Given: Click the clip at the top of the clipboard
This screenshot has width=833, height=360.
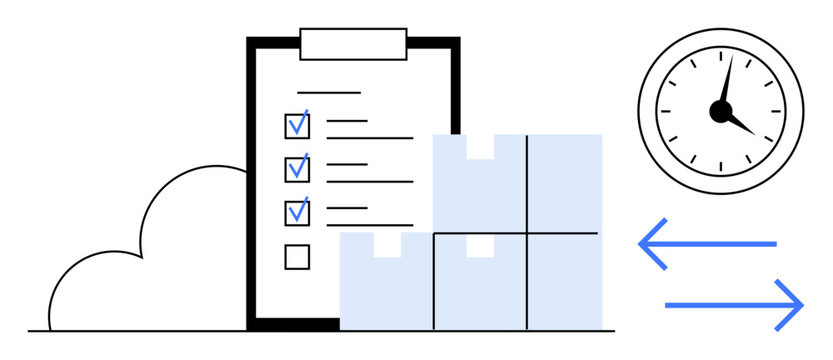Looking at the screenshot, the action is [x=353, y=44].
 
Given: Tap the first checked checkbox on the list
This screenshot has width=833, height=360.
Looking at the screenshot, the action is [x=297, y=125].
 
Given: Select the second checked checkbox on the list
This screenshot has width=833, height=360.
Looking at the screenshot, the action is [x=297, y=168].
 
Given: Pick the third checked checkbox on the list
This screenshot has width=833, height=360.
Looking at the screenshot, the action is [x=297, y=212].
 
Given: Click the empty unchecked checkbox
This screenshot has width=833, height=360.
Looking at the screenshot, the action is [x=297, y=257].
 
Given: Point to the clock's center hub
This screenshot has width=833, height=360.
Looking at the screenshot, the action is [x=720, y=111].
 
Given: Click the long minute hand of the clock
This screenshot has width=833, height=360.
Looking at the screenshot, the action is [x=727, y=80].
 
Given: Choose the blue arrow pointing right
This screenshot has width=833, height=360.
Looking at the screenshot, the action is [x=735, y=303].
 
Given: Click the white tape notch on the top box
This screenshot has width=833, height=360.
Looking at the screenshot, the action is [x=479, y=146].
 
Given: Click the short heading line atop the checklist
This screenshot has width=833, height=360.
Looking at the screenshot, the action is [x=328, y=93].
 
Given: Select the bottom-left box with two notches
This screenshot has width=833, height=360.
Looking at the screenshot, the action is [x=386, y=290].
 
